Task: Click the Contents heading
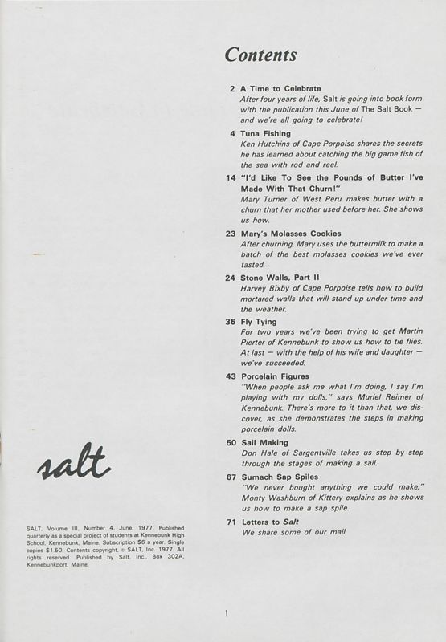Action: pyautogui.click(x=260, y=55)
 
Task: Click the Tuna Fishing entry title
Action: pyautogui.click(x=264, y=133)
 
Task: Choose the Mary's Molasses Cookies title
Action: pyautogui.click(x=290, y=234)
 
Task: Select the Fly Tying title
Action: pyautogui.click(x=259, y=322)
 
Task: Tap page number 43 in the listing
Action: pyautogui.click(x=231, y=376)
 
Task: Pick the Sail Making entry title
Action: pyautogui.click(x=264, y=442)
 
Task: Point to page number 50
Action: pyautogui.click(x=231, y=442)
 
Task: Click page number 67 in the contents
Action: pyautogui.click(x=231, y=476)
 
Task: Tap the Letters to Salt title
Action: pyautogui.click(x=272, y=522)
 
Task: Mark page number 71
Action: pyautogui.click(x=231, y=522)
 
